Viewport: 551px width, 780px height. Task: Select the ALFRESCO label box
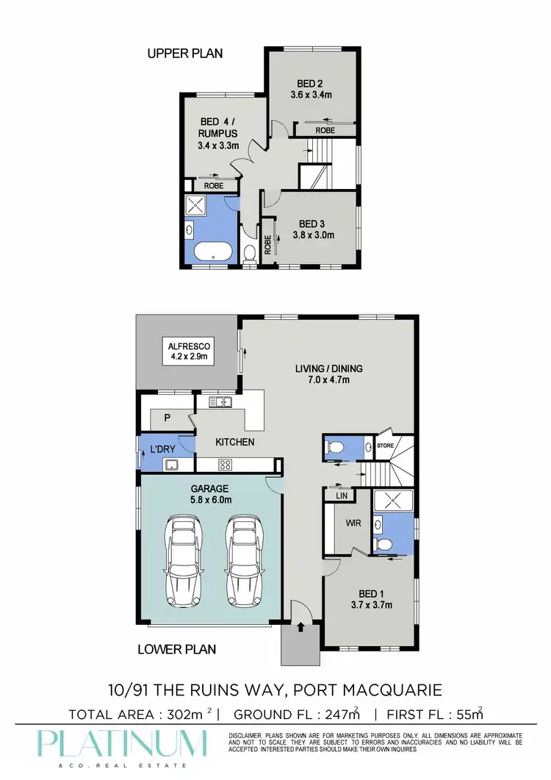[186, 351]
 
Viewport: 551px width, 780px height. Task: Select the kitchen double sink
[220, 401]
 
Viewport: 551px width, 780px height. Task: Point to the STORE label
[386, 446]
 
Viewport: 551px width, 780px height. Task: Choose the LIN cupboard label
[340, 497]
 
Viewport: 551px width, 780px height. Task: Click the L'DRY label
[161, 449]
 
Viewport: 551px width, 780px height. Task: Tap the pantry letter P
[168, 418]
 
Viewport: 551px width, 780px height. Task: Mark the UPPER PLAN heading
[184, 53]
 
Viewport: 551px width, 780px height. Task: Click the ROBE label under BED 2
[325, 130]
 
